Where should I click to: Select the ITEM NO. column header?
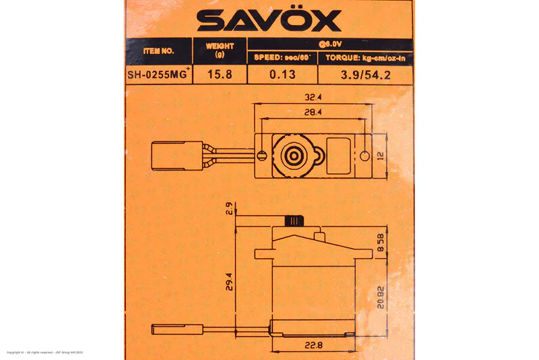coord(159,51)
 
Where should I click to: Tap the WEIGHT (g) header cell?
coord(220,50)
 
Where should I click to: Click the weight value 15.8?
coord(220,76)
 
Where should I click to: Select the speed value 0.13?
coord(283,76)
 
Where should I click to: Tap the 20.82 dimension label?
coord(381,297)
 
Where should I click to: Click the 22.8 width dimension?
coord(313,347)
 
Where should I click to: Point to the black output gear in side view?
coord(295,220)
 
